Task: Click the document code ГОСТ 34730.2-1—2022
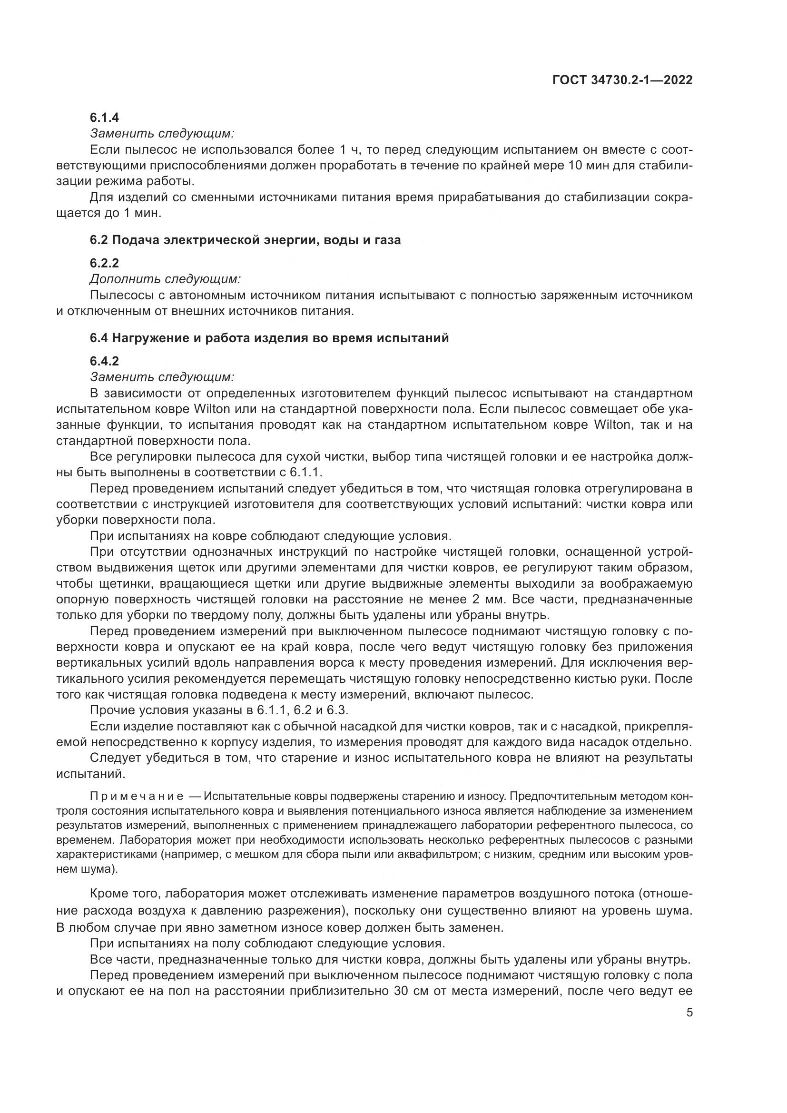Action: click(x=622, y=80)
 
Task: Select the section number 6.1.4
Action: click(x=104, y=118)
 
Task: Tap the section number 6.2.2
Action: click(x=104, y=263)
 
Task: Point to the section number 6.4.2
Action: click(x=104, y=361)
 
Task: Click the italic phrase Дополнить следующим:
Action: click(x=165, y=279)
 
